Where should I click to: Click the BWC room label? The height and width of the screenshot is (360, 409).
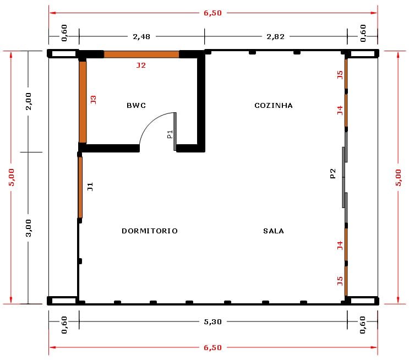136,105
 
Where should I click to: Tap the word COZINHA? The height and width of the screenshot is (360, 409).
274,105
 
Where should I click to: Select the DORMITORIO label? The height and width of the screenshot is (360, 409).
150,231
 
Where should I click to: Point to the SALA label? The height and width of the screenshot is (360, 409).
274,231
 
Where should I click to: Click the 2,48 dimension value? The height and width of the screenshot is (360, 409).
141,36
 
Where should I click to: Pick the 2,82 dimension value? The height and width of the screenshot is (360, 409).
275,36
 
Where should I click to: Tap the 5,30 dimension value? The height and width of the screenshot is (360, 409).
213,321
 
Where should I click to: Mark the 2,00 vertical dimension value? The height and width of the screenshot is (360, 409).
29,101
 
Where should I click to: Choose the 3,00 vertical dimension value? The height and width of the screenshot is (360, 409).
29,228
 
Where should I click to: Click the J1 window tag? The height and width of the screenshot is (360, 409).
90,187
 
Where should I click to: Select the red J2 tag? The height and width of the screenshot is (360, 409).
141,65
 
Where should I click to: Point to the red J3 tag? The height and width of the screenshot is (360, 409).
94,100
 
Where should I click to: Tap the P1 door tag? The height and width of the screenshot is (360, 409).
170,134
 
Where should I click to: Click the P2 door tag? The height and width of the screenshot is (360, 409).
333,173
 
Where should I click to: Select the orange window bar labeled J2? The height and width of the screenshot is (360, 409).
141,54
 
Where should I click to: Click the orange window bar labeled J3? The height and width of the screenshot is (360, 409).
83,102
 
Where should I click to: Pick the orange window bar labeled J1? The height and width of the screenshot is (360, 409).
80,187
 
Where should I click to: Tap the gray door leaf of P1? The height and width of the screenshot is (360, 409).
175,132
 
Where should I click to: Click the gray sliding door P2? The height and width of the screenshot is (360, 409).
345,177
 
